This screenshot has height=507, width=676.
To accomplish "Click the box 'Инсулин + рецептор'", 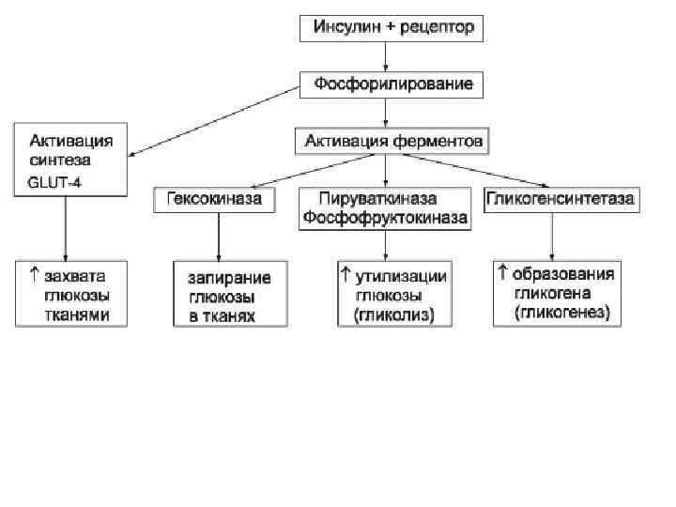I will (x=392, y=27).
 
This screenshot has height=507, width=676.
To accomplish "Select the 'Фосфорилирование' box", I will (x=392, y=84).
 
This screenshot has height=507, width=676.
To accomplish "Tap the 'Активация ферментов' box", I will (x=393, y=142).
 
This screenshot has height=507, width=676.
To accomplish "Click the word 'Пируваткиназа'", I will (x=382, y=200).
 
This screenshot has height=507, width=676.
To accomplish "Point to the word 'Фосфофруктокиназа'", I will (x=382, y=218).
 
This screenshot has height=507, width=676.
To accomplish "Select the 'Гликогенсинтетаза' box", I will (x=561, y=200).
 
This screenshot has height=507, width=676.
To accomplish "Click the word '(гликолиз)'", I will (x=393, y=316).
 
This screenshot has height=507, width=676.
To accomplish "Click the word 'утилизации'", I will (x=400, y=275).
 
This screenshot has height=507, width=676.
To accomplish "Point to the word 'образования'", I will (x=569, y=274).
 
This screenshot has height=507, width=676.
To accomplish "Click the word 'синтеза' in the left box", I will (x=61, y=161).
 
